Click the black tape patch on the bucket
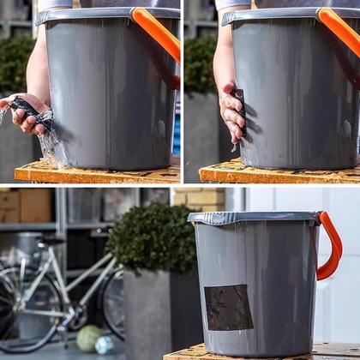229,307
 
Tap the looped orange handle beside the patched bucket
331,249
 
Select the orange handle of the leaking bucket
158,34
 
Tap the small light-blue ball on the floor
104,345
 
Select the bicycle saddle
51,242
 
